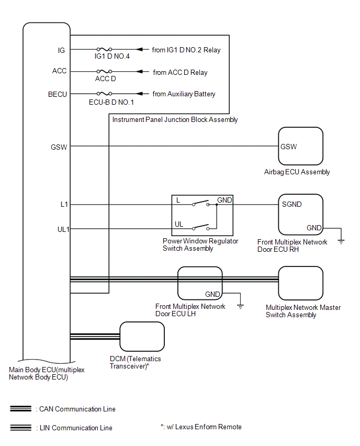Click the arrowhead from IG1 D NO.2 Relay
(x=140, y=50)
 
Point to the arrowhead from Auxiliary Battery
(x=140, y=94)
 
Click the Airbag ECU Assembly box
(x=300, y=146)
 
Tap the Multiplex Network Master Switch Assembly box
(x=300, y=283)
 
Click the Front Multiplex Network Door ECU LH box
(x=200, y=283)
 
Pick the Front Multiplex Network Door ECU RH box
(x=300, y=215)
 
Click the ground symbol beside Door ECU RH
(x=341, y=241)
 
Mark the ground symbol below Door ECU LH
(x=240, y=306)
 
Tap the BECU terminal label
(x=57, y=94)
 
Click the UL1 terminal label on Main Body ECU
(x=63, y=228)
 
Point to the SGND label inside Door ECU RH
(x=291, y=204)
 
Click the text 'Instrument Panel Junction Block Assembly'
(x=175, y=119)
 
